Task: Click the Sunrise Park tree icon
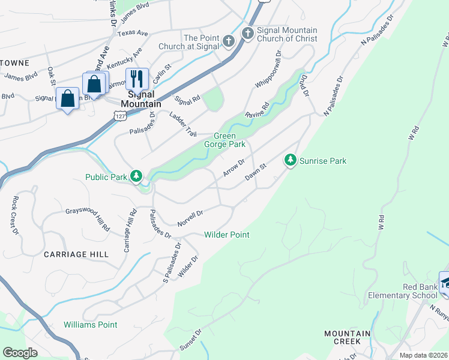pos(291,160)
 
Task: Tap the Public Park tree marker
pos(137,176)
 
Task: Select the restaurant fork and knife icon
pos(137,79)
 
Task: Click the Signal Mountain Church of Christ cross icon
pos(247,34)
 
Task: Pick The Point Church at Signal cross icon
pos(228,41)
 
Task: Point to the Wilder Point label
pos(226,235)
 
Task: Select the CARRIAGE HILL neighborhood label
pos(76,254)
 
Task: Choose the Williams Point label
pos(91,325)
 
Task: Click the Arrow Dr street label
pos(234,167)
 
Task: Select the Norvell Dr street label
pos(190,218)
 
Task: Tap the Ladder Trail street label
pos(182,124)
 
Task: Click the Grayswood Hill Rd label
pos(88,218)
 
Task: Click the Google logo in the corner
pos(20,353)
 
